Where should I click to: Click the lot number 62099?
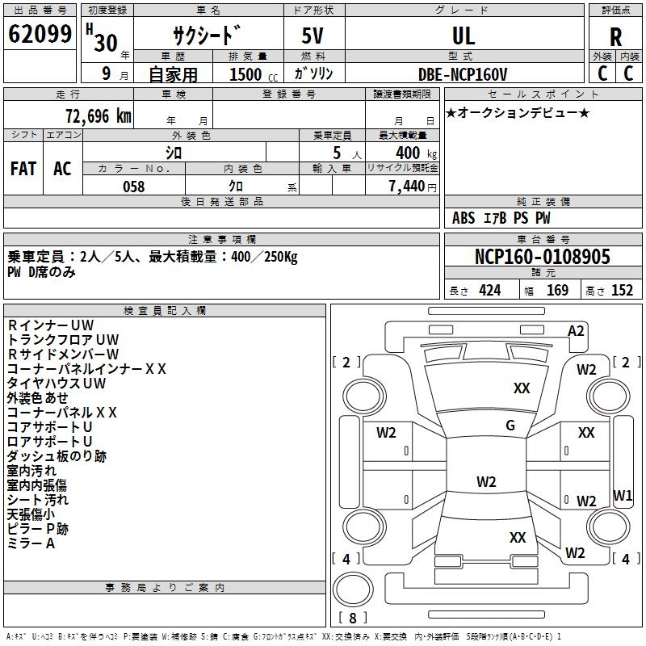coord(40,36)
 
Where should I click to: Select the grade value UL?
coord(464,36)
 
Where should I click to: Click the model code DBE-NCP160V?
coord(463,74)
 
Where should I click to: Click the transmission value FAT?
coord(23,168)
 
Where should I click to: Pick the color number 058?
coord(133,187)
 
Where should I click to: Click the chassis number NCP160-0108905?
coord(543,258)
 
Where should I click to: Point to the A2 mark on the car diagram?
coord(576,331)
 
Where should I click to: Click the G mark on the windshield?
coord(510,425)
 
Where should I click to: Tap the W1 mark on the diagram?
coord(622,495)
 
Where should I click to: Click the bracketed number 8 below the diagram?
coord(353,618)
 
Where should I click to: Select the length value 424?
coord(489,291)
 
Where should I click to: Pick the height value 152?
coord(622,291)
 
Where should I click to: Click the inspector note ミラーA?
coord(31,543)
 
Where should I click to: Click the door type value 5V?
coord(313,36)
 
